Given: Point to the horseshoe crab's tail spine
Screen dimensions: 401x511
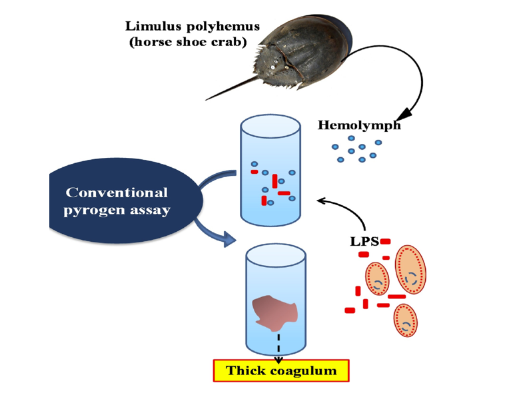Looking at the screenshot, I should (x=230, y=90).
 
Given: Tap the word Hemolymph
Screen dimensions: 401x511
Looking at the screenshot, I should (x=359, y=125).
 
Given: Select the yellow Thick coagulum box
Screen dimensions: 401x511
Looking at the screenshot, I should (x=281, y=371).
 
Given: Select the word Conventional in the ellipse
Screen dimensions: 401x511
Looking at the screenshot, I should (x=117, y=193).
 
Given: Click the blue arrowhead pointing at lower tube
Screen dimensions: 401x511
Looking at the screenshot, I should (x=230, y=238).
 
